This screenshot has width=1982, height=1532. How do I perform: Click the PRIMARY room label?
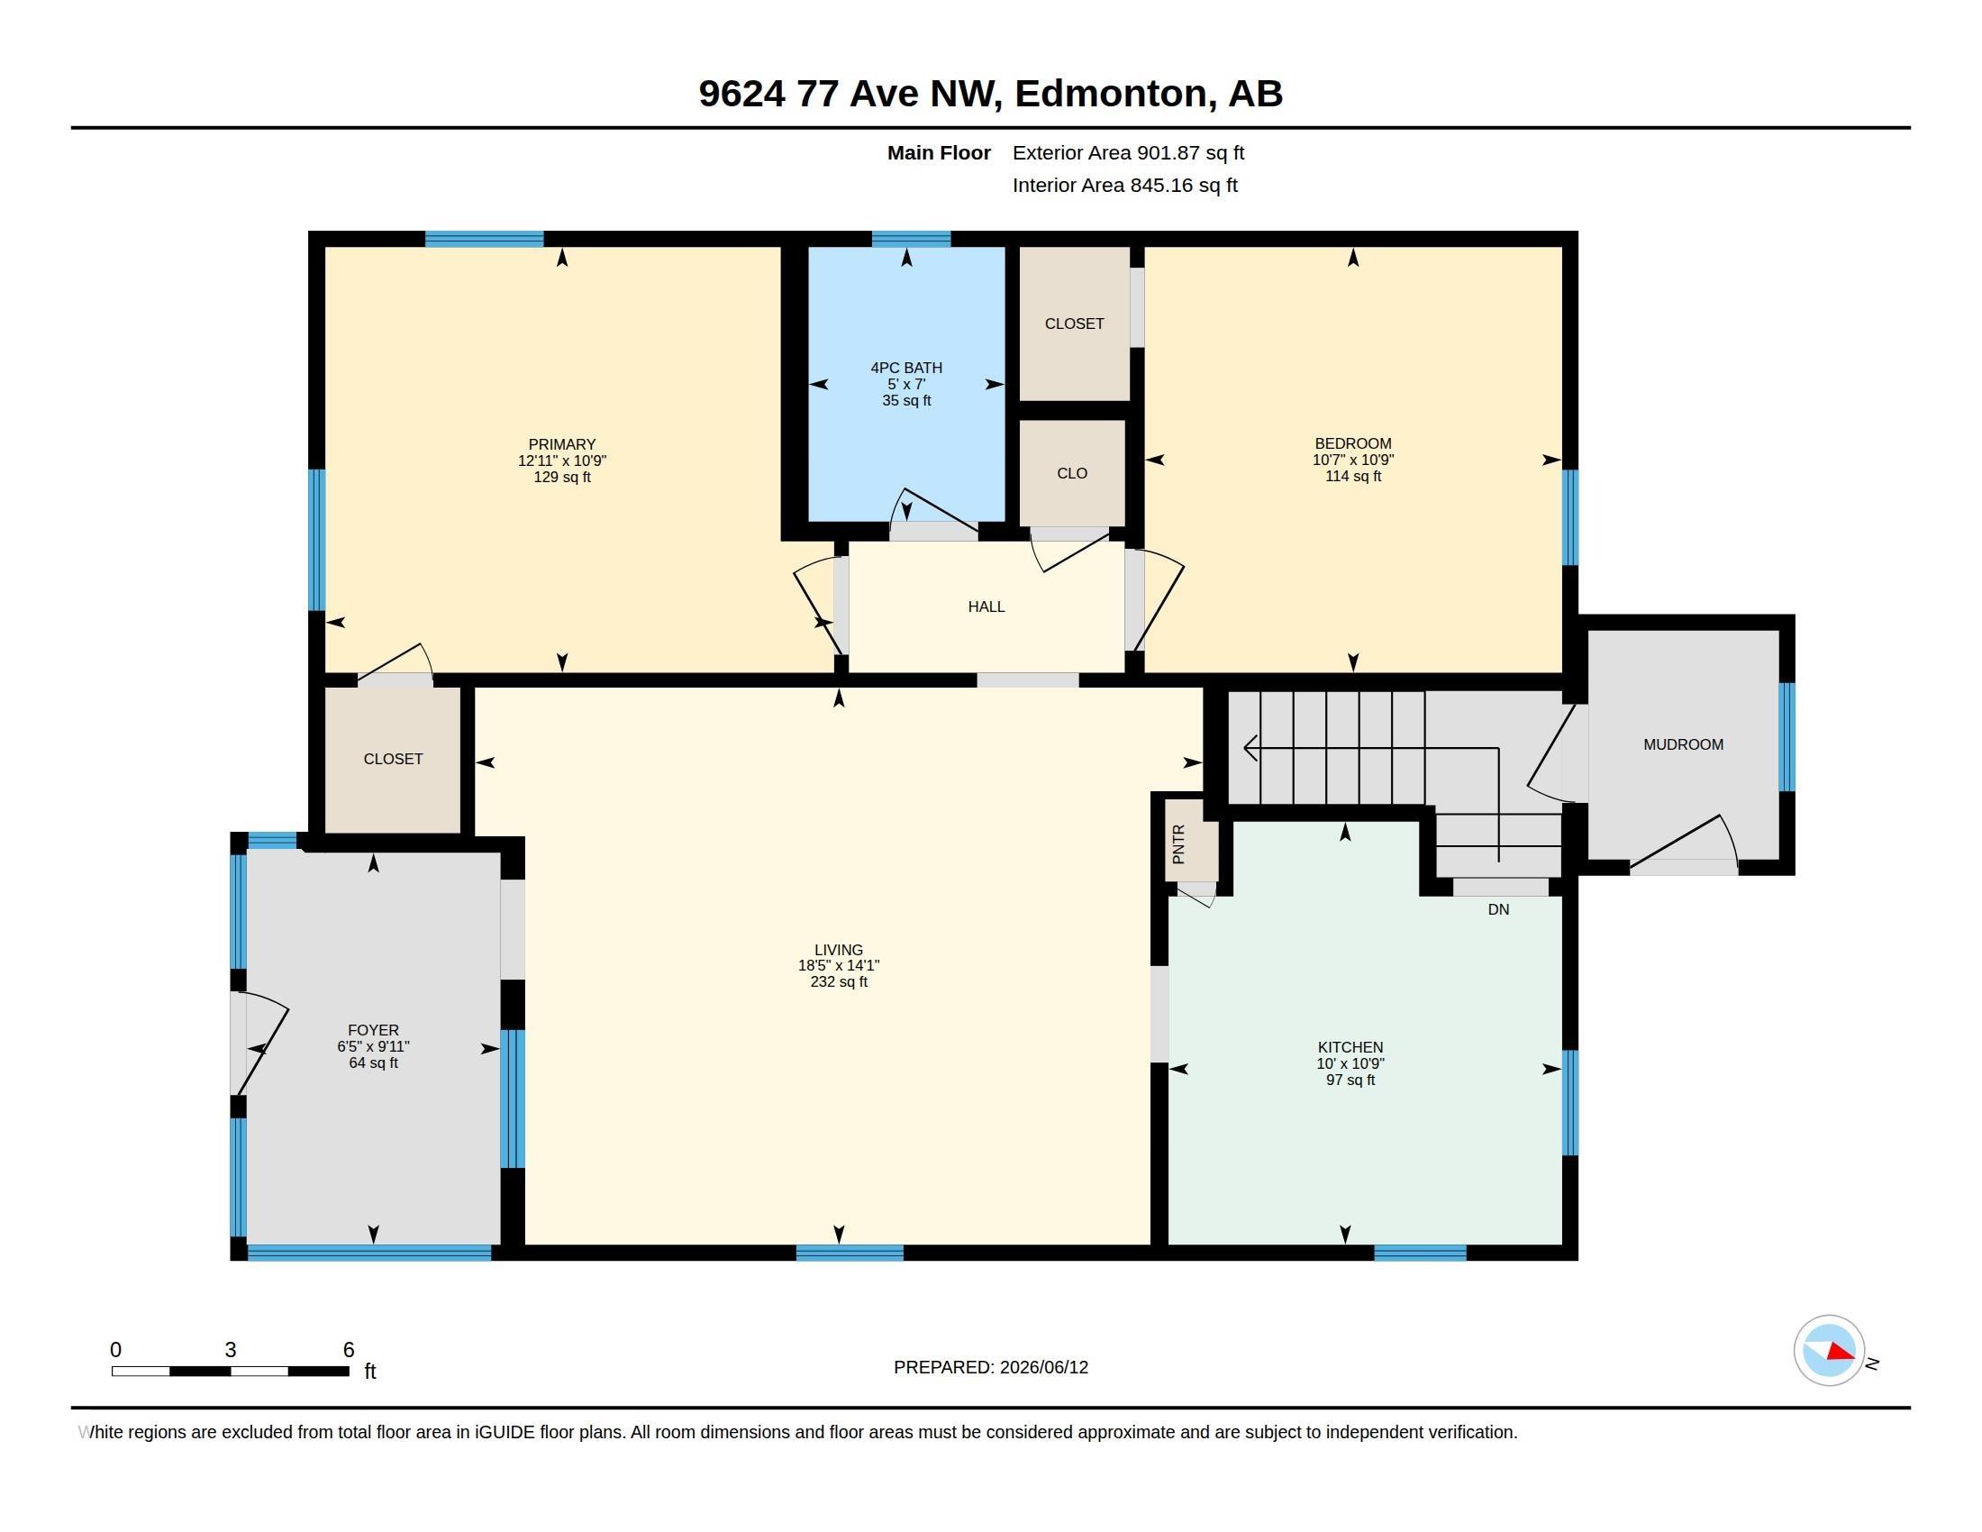562,443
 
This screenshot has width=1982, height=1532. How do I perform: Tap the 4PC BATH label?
905,368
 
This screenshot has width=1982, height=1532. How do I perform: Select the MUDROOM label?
1683,744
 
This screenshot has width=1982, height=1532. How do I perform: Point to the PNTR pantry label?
1178,844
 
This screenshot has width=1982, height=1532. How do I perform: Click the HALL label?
986,606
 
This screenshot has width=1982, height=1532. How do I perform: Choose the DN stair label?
1498,909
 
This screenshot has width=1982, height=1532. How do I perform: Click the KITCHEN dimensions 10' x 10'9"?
1350,1063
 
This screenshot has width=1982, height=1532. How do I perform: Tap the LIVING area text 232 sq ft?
839,982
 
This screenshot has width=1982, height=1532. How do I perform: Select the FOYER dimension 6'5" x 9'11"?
373,1046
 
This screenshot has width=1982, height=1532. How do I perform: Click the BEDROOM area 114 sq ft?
1353,477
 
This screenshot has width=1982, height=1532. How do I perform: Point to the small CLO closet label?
1072,473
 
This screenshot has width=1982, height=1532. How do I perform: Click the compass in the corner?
1829,1351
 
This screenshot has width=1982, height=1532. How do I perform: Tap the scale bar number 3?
231,1350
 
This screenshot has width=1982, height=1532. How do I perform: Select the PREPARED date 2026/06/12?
1043,1367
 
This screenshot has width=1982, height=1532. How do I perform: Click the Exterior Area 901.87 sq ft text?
1128,153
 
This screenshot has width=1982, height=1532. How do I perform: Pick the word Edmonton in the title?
1115,94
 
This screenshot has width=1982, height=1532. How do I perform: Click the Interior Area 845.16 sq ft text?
1124,185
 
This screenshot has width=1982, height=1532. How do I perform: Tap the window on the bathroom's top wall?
911,239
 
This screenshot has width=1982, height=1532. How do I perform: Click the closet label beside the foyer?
393,759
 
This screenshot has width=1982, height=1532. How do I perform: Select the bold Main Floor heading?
939,153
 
